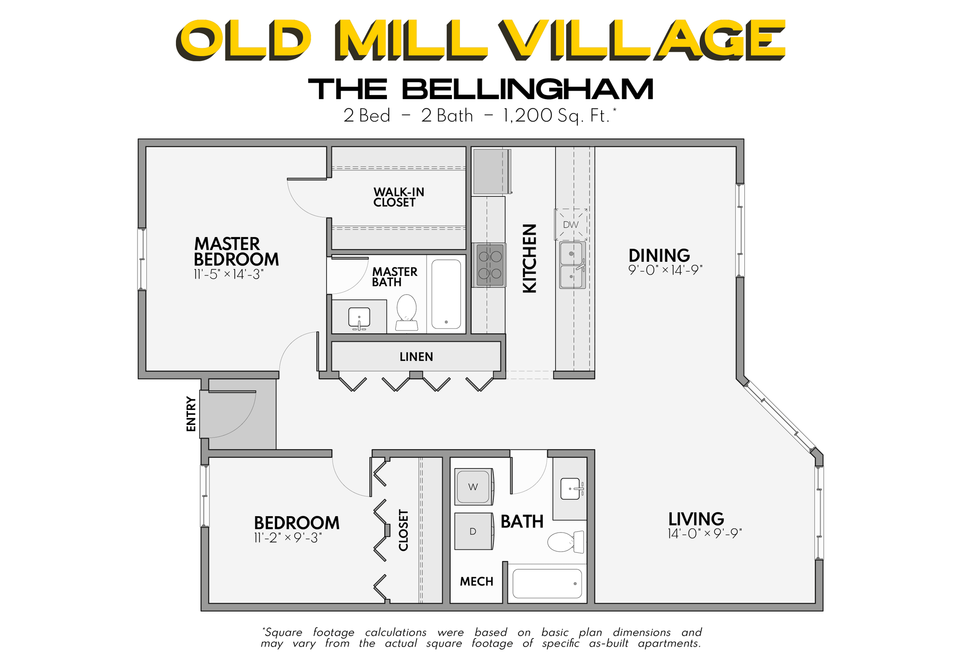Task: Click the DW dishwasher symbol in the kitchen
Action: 570,224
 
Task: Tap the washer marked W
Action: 473,487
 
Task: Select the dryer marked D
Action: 473,531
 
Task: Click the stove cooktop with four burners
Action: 490,265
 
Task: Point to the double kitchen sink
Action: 572,265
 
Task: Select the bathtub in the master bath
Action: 446,294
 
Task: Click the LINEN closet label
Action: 416,357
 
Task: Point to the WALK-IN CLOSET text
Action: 398,197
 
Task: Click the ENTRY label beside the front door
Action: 191,414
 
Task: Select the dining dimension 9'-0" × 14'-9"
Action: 665,270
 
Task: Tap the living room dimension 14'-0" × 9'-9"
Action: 704,533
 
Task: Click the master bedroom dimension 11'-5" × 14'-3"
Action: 229,274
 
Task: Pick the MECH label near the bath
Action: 476,582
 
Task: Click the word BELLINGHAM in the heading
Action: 527,89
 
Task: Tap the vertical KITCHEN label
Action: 530,259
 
